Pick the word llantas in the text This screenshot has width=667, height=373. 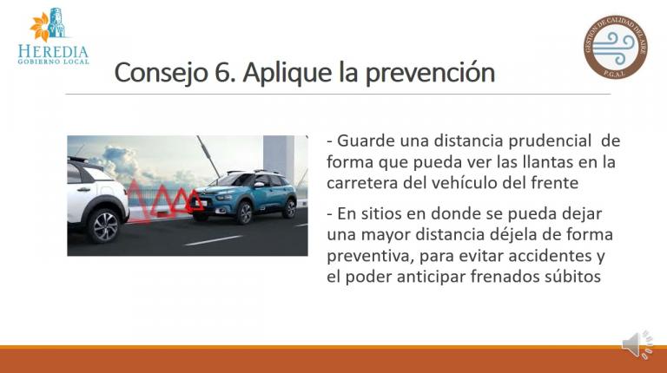[533, 162]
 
